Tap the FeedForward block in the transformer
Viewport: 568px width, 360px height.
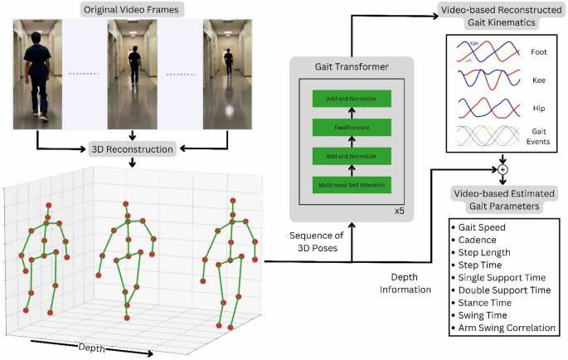(x=352, y=127)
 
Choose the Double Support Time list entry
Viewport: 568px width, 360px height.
(x=505, y=290)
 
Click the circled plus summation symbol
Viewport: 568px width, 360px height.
(x=502, y=170)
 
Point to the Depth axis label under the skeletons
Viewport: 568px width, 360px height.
(x=92, y=348)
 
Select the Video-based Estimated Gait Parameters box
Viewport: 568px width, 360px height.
(x=503, y=200)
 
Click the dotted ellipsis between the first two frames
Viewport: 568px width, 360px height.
(x=85, y=73)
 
